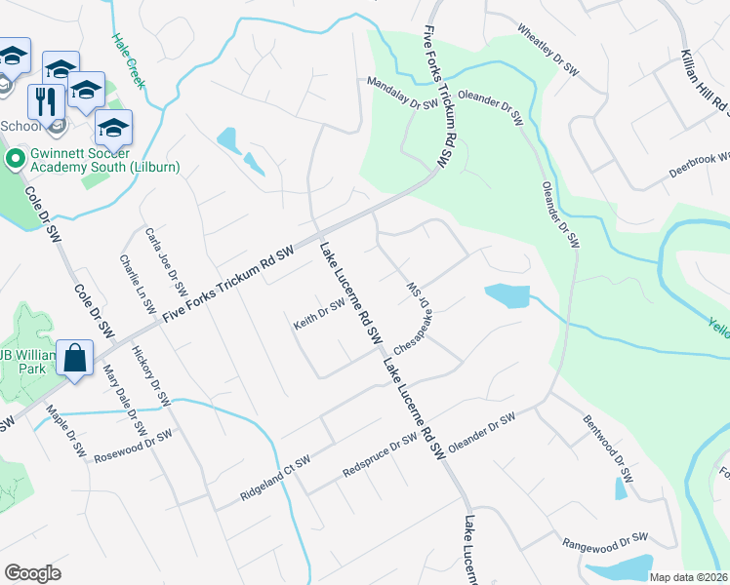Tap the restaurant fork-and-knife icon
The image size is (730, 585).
click(x=46, y=100)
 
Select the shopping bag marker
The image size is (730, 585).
click(x=75, y=359)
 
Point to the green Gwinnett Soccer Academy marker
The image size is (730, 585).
click(x=15, y=158)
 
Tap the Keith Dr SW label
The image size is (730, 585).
click(x=320, y=315)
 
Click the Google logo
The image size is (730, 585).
click(x=33, y=573)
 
